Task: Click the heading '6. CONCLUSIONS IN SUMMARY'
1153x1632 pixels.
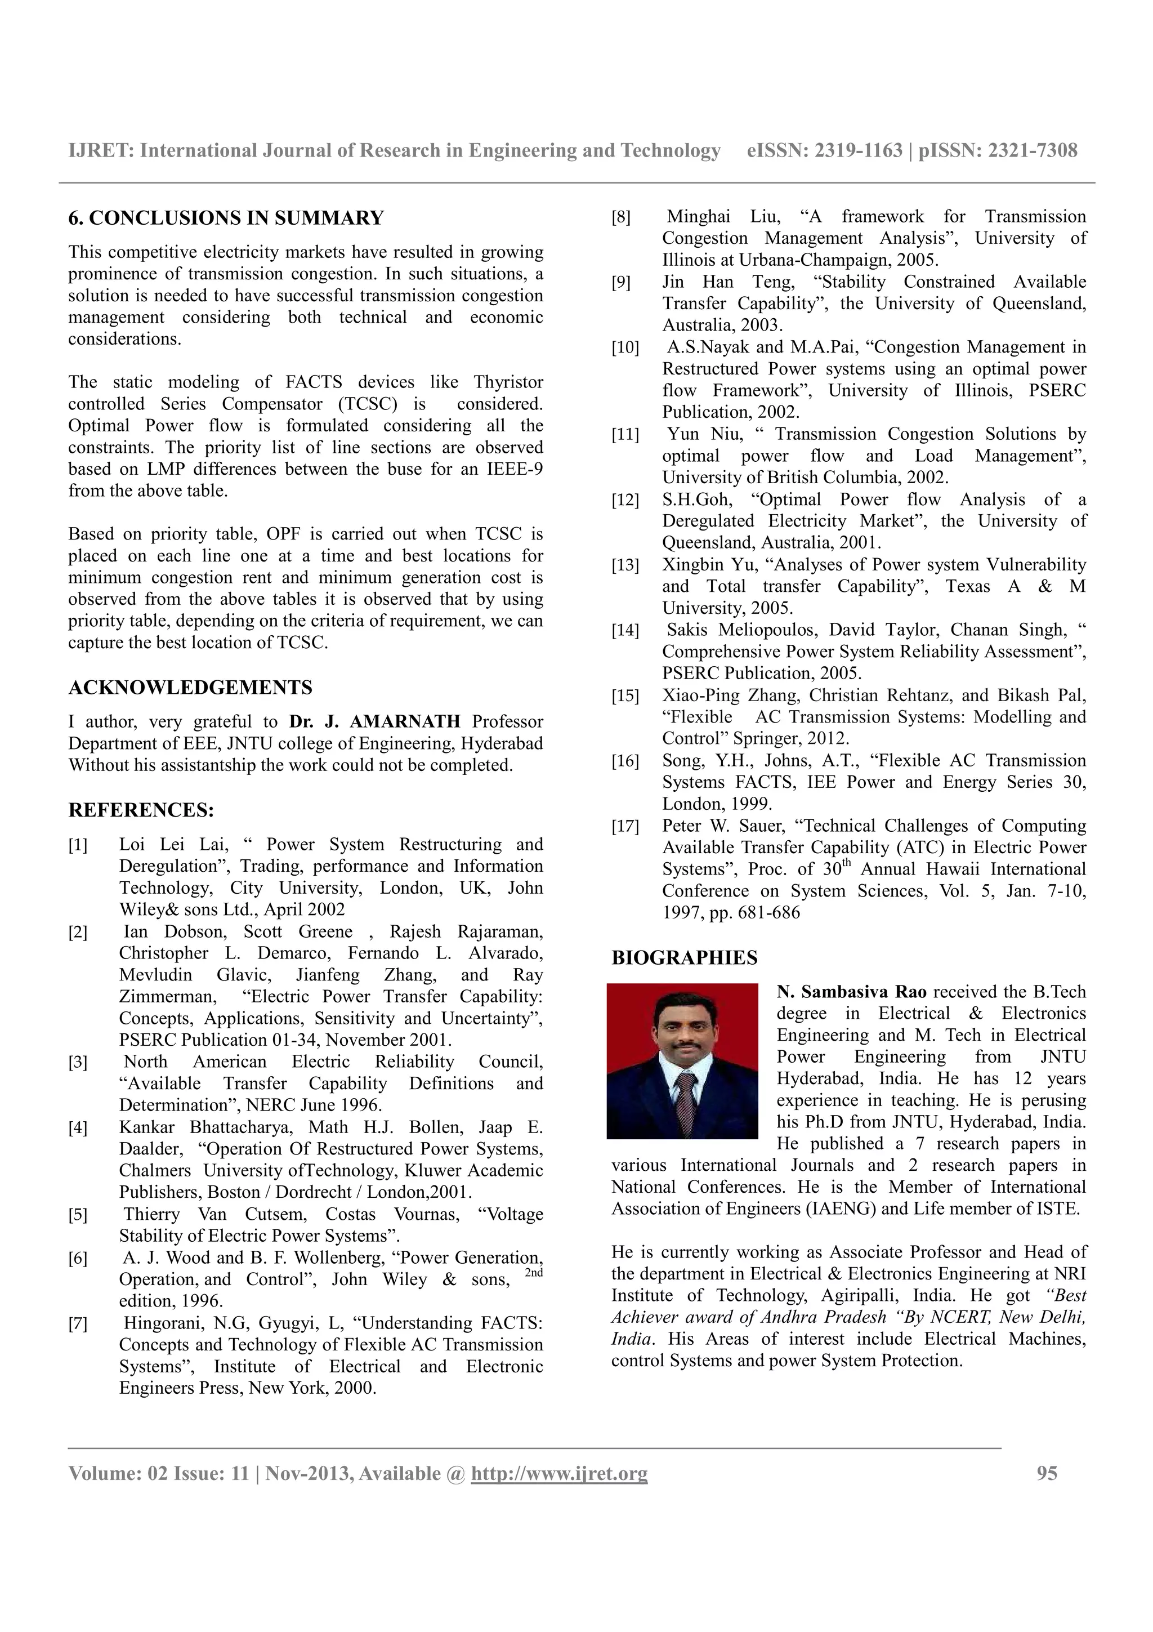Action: pyautogui.click(x=226, y=218)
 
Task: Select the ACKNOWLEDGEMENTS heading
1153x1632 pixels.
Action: pyautogui.click(x=190, y=688)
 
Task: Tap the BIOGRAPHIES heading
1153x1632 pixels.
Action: pyautogui.click(x=684, y=958)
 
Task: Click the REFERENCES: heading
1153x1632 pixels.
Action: pyautogui.click(x=141, y=810)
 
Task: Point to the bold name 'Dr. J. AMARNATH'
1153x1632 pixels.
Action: pyautogui.click(x=374, y=722)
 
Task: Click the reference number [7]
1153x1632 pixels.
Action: pyautogui.click(x=78, y=1323)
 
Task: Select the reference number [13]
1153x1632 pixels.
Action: pyautogui.click(x=625, y=565)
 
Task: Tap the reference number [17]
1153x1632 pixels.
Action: pyautogui.click(x=625, y=826)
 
